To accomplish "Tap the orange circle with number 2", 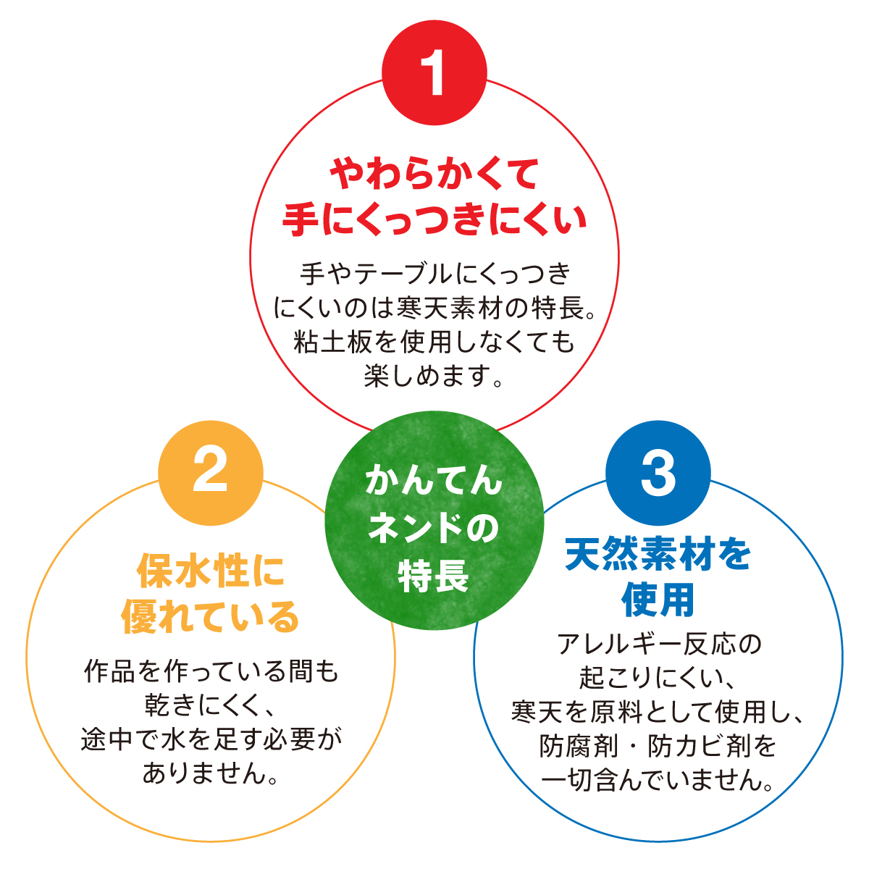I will [x=211, y=474].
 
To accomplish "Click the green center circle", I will [x=434, y=520].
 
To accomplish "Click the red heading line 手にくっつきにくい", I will [x=434, y=219].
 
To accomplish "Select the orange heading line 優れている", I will [x=211, y=617].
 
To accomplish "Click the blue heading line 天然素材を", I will [x=658, y=555].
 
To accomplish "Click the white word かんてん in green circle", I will [x=434, y=481].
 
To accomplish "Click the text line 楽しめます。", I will [x=434, y=376].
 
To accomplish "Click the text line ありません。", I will [x=211, y=773].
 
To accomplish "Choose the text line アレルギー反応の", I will [x=658, y=644].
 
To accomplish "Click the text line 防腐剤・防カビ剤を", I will [x=658, y=746].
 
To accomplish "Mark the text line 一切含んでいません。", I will [x=658, y=781].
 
